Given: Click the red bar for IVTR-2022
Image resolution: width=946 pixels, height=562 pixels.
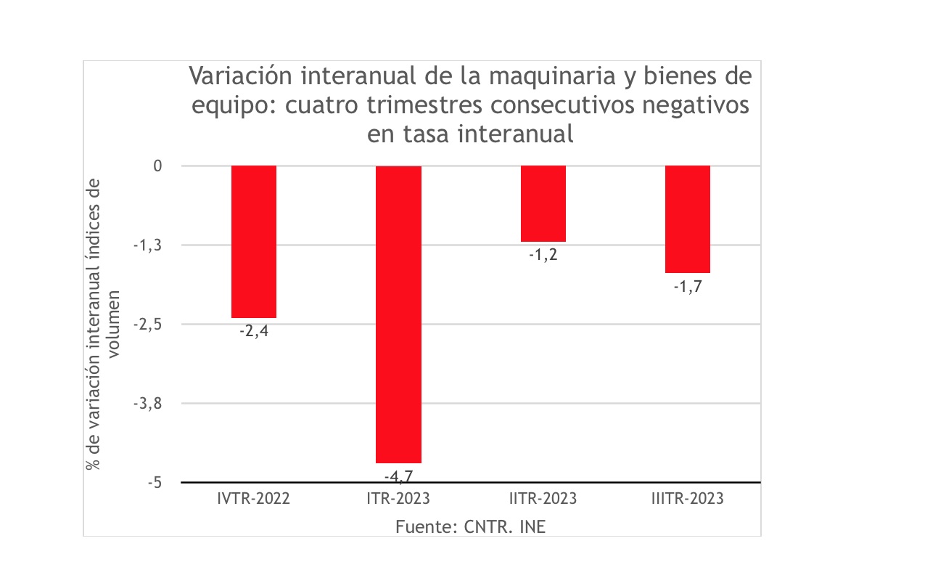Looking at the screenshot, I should point(254,242).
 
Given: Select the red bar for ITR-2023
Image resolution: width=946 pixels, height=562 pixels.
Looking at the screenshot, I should point(398,314).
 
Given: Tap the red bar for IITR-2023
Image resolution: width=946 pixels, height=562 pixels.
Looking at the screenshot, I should point(543,204).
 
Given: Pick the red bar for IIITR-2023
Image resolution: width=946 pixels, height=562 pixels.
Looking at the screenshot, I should point(688,219).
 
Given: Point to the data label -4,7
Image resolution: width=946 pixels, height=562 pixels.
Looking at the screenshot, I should point(398,476).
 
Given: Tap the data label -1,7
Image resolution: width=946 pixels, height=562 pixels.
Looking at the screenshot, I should point(688,286).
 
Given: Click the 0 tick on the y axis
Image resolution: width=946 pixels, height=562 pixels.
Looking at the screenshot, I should point(157,166).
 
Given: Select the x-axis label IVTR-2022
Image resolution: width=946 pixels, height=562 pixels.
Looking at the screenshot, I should point(254,500).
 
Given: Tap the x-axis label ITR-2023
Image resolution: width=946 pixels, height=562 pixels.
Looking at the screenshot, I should point(398,500).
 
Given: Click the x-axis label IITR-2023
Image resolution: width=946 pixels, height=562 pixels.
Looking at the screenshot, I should point(543,500).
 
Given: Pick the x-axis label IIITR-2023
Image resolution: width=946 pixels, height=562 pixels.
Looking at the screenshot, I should point(688,500).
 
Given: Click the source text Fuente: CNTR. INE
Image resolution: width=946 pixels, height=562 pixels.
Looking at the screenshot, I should point(470,526).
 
